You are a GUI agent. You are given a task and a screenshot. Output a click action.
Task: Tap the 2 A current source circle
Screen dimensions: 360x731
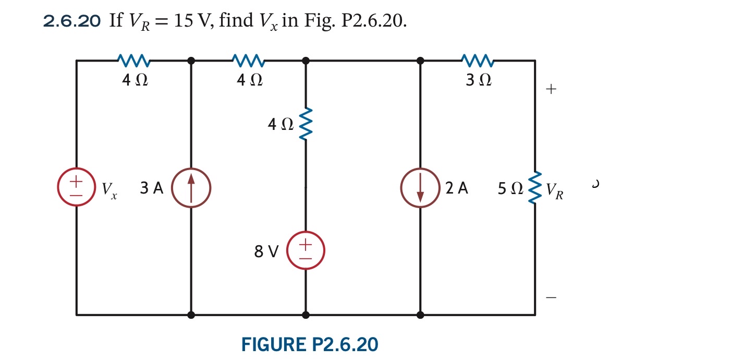click(420, 188)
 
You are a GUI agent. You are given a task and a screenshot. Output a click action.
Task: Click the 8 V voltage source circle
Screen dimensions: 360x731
click(306, 250)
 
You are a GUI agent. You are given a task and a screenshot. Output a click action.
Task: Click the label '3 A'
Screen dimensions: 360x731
click(151, 188)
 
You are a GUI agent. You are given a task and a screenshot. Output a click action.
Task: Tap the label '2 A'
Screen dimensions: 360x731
click(457, 188)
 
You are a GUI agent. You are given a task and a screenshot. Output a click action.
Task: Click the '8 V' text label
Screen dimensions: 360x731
click(266, 252)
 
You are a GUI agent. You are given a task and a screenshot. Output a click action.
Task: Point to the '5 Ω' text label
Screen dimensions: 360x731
click(510, 189)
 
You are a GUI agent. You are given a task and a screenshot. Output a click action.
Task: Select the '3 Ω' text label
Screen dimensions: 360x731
click(479, 80)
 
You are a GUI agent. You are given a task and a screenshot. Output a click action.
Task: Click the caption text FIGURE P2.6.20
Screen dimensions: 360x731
click(310, 344)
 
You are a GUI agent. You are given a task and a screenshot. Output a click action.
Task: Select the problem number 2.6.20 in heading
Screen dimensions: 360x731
click(72, 21)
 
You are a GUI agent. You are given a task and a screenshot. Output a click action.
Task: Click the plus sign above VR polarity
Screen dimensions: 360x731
click(551, 89)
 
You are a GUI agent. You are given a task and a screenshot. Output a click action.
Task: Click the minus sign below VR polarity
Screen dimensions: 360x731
click(551, 298)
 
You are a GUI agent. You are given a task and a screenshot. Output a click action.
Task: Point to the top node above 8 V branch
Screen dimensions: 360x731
click(306, 61)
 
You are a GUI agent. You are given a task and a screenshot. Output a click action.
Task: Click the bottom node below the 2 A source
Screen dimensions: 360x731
click(420, 315)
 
